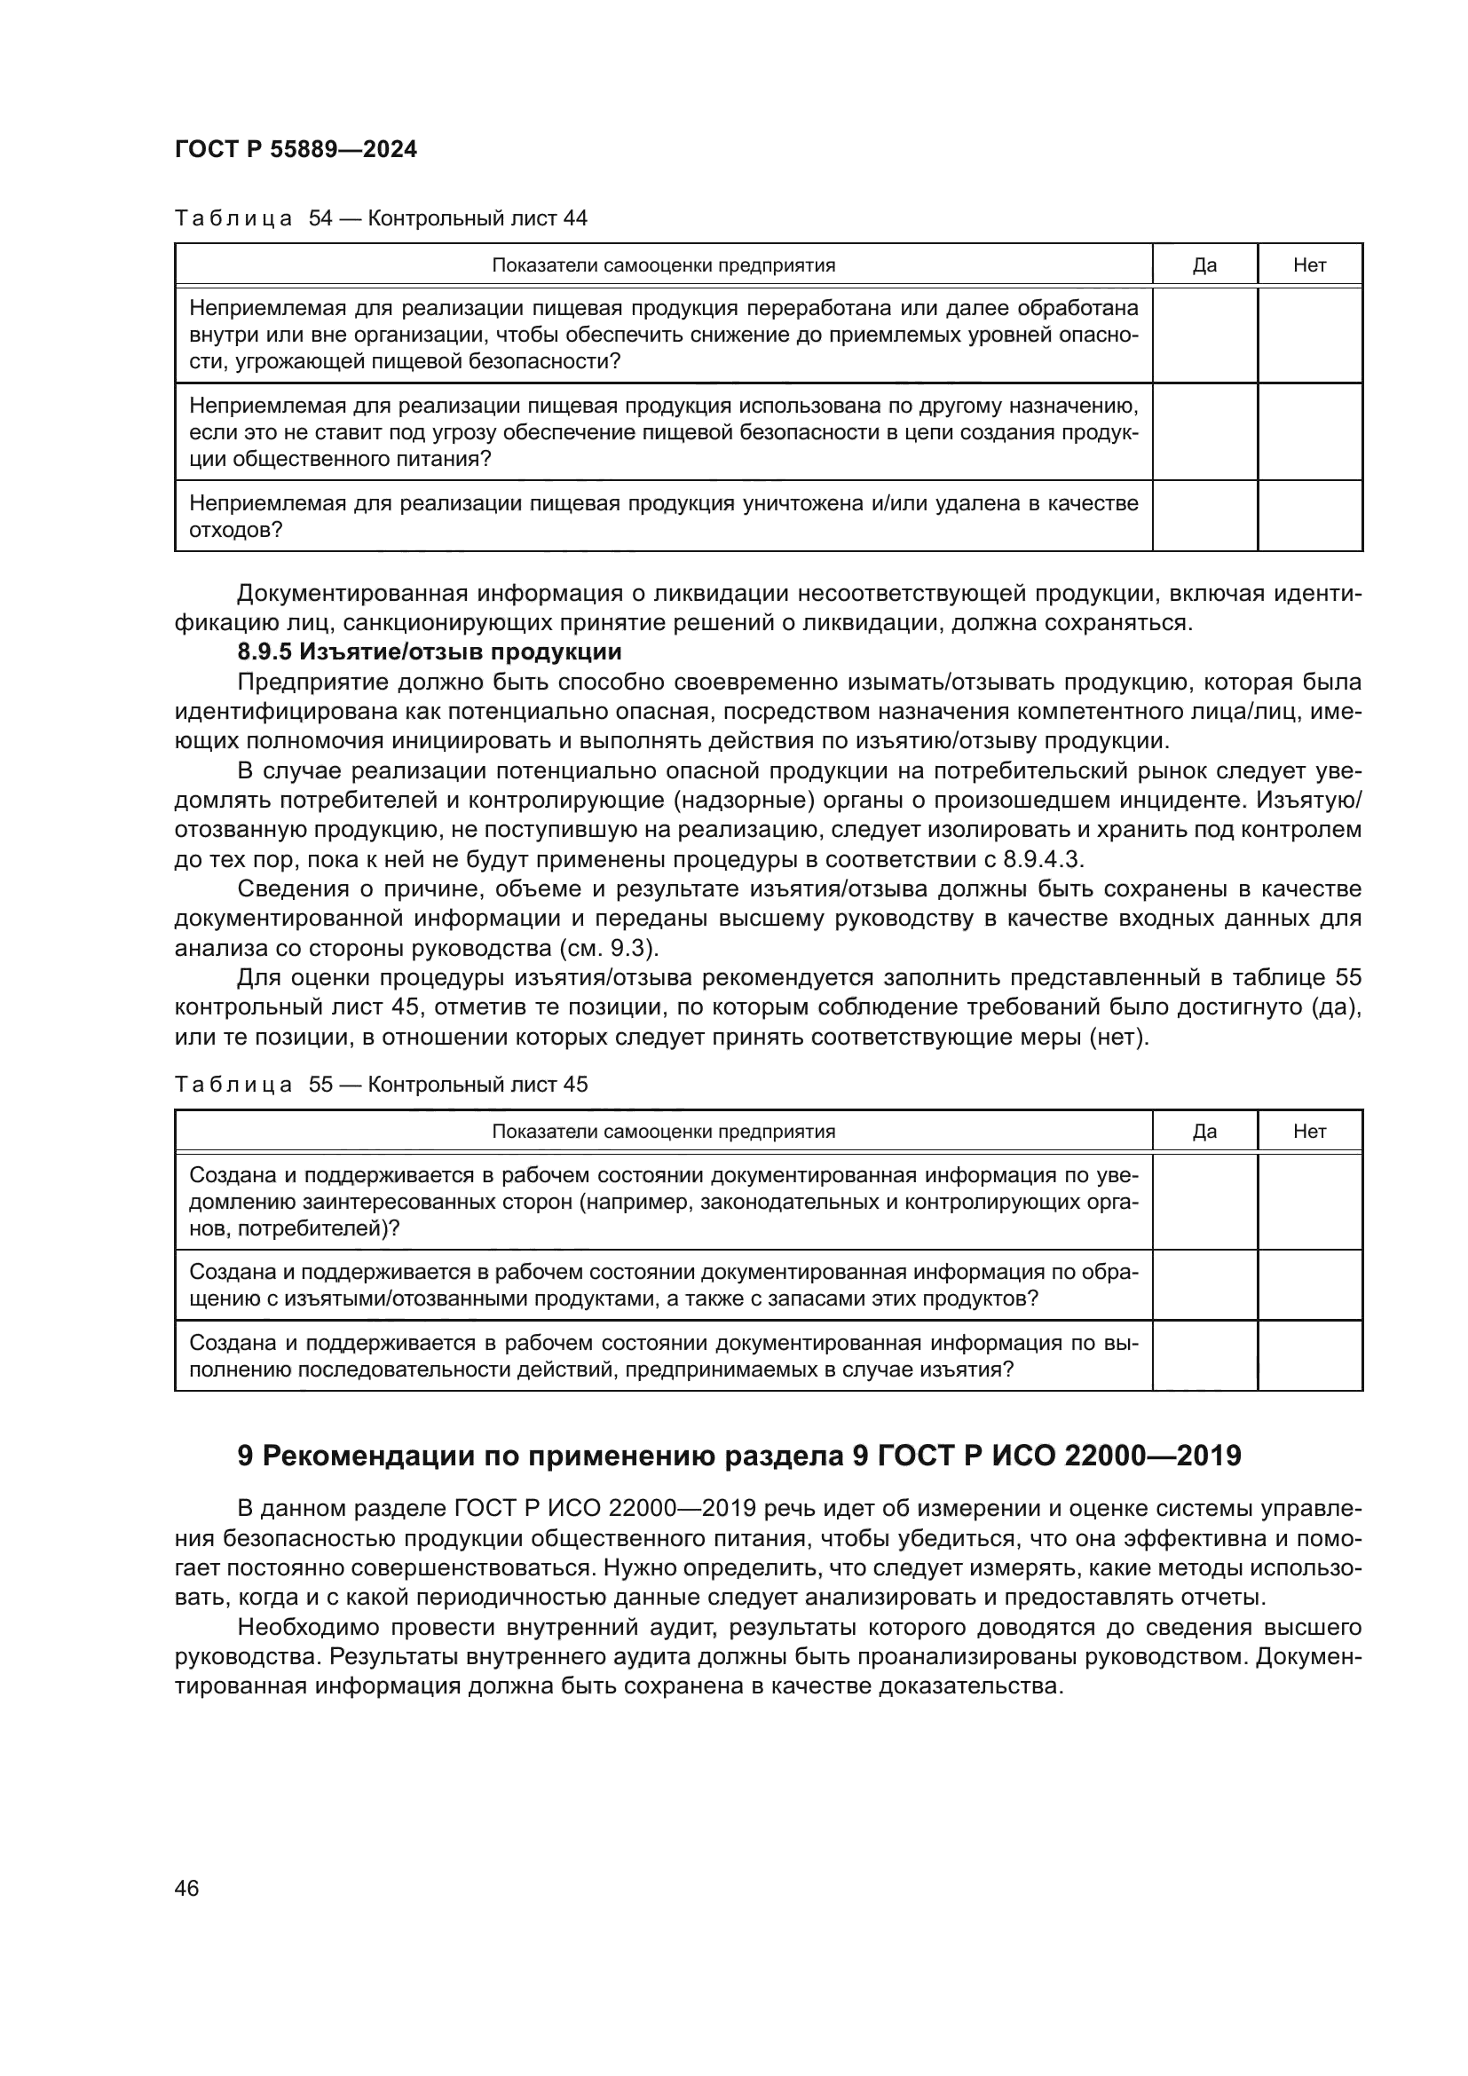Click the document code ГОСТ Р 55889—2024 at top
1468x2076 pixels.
point(296,150)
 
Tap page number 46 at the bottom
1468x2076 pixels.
point(187,1888)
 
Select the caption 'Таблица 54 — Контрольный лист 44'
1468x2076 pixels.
point(381,218)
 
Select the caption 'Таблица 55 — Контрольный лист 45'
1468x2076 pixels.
point(381,1084)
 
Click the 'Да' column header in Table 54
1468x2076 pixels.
point(1204,264)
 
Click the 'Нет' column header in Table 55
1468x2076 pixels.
point(1309,1131)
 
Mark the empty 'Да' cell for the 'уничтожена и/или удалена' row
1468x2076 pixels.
point(1204,516)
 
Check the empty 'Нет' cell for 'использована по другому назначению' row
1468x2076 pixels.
point(1309,431)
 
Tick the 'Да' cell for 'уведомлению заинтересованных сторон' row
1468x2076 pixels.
point(1204,1202)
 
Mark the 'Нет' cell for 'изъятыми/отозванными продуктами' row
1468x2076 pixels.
point(1309,1285)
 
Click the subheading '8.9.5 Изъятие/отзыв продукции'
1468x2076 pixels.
point(429,652)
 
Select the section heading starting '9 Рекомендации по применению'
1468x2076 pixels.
point(738,1456)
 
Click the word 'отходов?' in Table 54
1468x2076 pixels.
point(236,530)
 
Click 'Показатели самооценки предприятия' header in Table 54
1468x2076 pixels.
point(663,264)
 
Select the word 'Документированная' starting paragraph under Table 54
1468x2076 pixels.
point(350,594)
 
